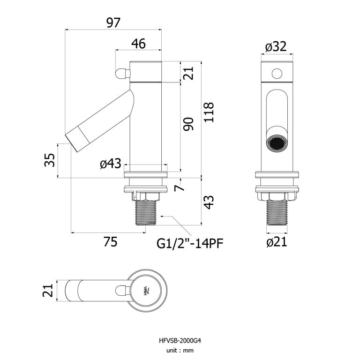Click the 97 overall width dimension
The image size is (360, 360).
(x=113, y=22)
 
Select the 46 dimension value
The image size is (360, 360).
(x=138, y=44)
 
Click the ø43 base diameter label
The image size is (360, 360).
(x=111, y=164)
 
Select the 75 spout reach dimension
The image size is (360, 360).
(x=110, y=242)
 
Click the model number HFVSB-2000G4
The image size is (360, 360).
(x=180, y=341)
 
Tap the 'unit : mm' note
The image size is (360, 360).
(x=180, y=350)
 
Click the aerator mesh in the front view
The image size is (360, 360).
(x=277, y=142)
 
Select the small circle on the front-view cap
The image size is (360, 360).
(x=277, y=74)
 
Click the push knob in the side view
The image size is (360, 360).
(x=121, y=73)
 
